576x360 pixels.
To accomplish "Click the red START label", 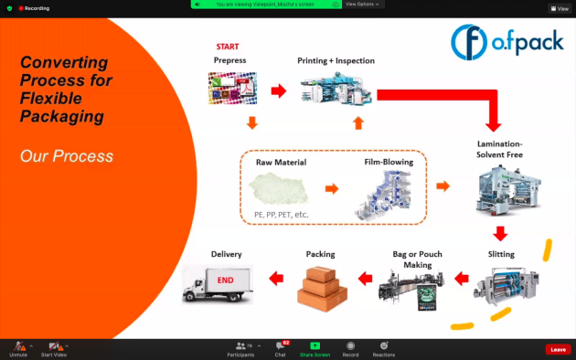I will coord(228,46).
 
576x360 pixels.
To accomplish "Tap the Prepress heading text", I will coord(229,60).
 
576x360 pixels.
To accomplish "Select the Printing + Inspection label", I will coord(336,60).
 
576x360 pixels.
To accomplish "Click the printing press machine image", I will coord(336,89).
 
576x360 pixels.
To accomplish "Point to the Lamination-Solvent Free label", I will coord(499,150).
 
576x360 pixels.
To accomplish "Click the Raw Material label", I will coord(281,163).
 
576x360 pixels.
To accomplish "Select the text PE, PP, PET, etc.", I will coord(282,215).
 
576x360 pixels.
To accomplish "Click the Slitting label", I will coord(501,254).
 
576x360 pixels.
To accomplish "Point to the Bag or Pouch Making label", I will coord(411,259).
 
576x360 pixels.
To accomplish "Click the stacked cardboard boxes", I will coord(321,284).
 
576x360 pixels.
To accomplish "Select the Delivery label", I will coord(226,254).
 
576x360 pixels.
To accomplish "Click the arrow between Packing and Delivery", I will coord(274,278).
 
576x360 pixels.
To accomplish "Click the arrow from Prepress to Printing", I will coord(278,90).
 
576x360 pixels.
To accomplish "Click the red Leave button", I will coord(558,349).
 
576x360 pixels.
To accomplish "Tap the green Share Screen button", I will coord(315,347).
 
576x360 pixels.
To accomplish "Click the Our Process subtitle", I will coord(67,156).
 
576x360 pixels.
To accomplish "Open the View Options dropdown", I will coord(363,4).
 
